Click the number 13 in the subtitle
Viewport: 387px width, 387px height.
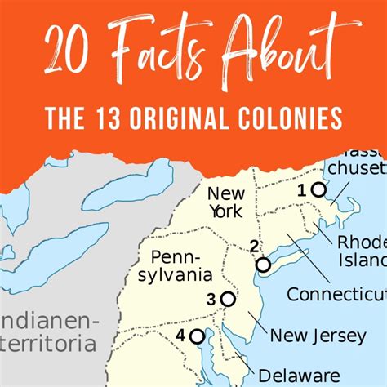118,120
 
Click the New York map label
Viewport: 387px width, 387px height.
225,202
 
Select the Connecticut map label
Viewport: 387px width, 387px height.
336,294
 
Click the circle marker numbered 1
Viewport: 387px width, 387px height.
318,190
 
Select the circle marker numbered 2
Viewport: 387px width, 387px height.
263,265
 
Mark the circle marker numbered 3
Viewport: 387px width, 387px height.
228,300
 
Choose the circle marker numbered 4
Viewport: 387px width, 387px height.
197,336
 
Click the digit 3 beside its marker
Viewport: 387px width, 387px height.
211,299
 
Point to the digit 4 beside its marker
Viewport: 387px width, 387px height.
180,335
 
